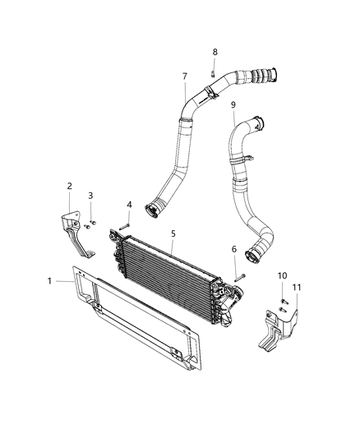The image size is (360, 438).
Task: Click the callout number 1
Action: point(50,281)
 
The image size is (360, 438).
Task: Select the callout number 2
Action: point(69,186)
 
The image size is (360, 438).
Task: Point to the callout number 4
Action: point(129,205)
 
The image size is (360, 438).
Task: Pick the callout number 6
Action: point(233,250)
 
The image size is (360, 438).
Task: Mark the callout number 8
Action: point(215,52)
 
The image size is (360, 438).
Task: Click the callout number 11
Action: point(297,287)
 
